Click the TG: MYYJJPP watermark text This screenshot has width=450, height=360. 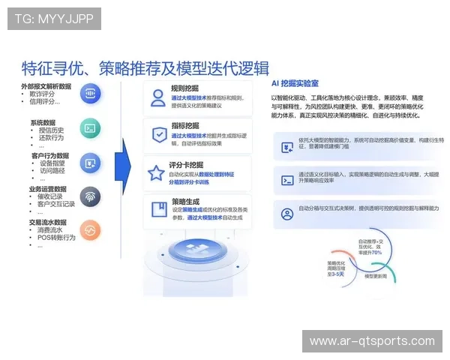pos(54,19)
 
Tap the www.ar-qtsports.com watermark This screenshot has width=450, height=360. pos(372,341)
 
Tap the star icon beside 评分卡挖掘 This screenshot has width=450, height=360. pos(156,173)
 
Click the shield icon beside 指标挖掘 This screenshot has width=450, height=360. pos(157,135)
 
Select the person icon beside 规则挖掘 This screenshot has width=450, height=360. pos(157,97)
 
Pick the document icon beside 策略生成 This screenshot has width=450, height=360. pos(157,209)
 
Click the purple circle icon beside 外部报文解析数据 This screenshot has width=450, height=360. pos(90,94)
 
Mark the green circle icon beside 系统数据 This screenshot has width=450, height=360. pos(90,129)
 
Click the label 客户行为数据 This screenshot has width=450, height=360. pos(54,155)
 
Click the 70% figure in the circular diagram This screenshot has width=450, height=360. pos(376,253)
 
